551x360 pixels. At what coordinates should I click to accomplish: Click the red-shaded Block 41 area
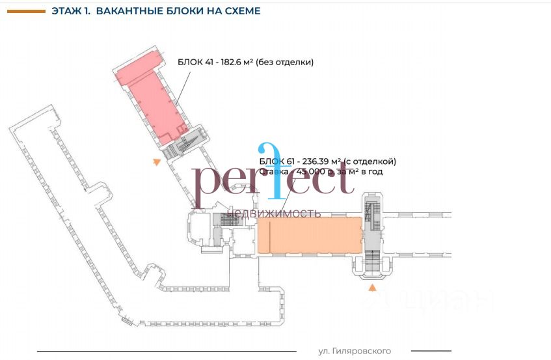(153, 104)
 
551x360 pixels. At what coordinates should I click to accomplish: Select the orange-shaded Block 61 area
(310, 235)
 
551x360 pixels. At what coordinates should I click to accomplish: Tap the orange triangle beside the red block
(156, 161)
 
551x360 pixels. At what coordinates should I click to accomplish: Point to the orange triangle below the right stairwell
(372, 287)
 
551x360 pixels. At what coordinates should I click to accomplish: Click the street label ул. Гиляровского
(355, 351)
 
